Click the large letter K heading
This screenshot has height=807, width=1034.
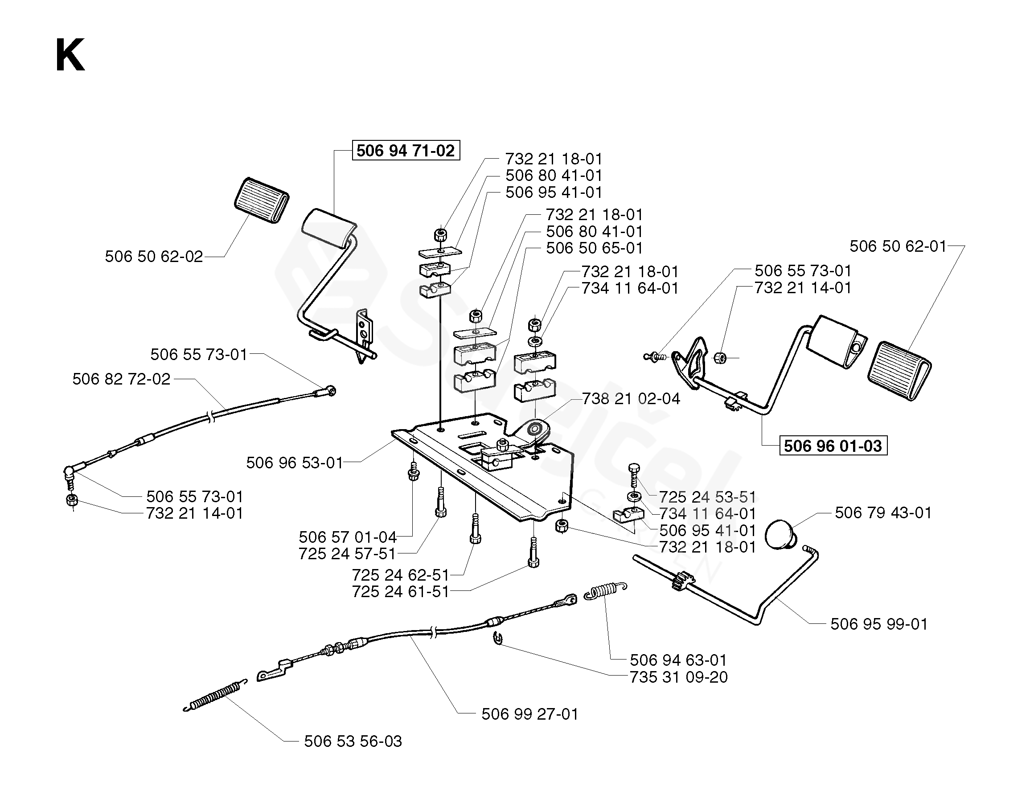70,55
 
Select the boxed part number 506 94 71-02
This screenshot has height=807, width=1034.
406,151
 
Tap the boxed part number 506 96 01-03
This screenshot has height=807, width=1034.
833,446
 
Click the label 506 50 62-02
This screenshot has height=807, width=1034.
154,257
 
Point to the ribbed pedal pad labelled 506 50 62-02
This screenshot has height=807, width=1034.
262,200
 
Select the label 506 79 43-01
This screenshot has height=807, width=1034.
883,512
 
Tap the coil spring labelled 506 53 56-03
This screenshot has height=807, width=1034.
215,695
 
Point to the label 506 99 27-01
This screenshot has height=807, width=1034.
530,714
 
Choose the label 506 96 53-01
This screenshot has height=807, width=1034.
295,463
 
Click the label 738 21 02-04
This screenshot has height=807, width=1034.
631,398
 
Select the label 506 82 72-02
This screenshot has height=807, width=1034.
121,379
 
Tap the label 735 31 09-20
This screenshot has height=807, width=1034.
679,677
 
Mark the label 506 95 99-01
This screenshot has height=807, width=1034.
879,624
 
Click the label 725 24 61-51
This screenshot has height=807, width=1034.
401,591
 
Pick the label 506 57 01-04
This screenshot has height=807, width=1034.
348,537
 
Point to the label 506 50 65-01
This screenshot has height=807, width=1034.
595,248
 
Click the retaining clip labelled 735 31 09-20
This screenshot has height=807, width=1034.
497,638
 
